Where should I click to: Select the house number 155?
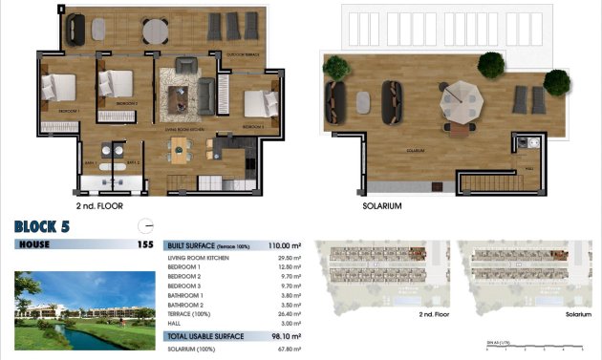pos(144,245)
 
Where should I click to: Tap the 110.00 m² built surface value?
pos(289,245)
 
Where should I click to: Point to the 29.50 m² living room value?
pos(289,258)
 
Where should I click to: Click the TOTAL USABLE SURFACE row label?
pos(205,336)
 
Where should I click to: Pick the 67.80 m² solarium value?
pos(289,349)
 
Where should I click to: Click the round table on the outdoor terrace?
pos(155,31)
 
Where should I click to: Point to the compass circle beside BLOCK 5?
pos(145,226)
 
